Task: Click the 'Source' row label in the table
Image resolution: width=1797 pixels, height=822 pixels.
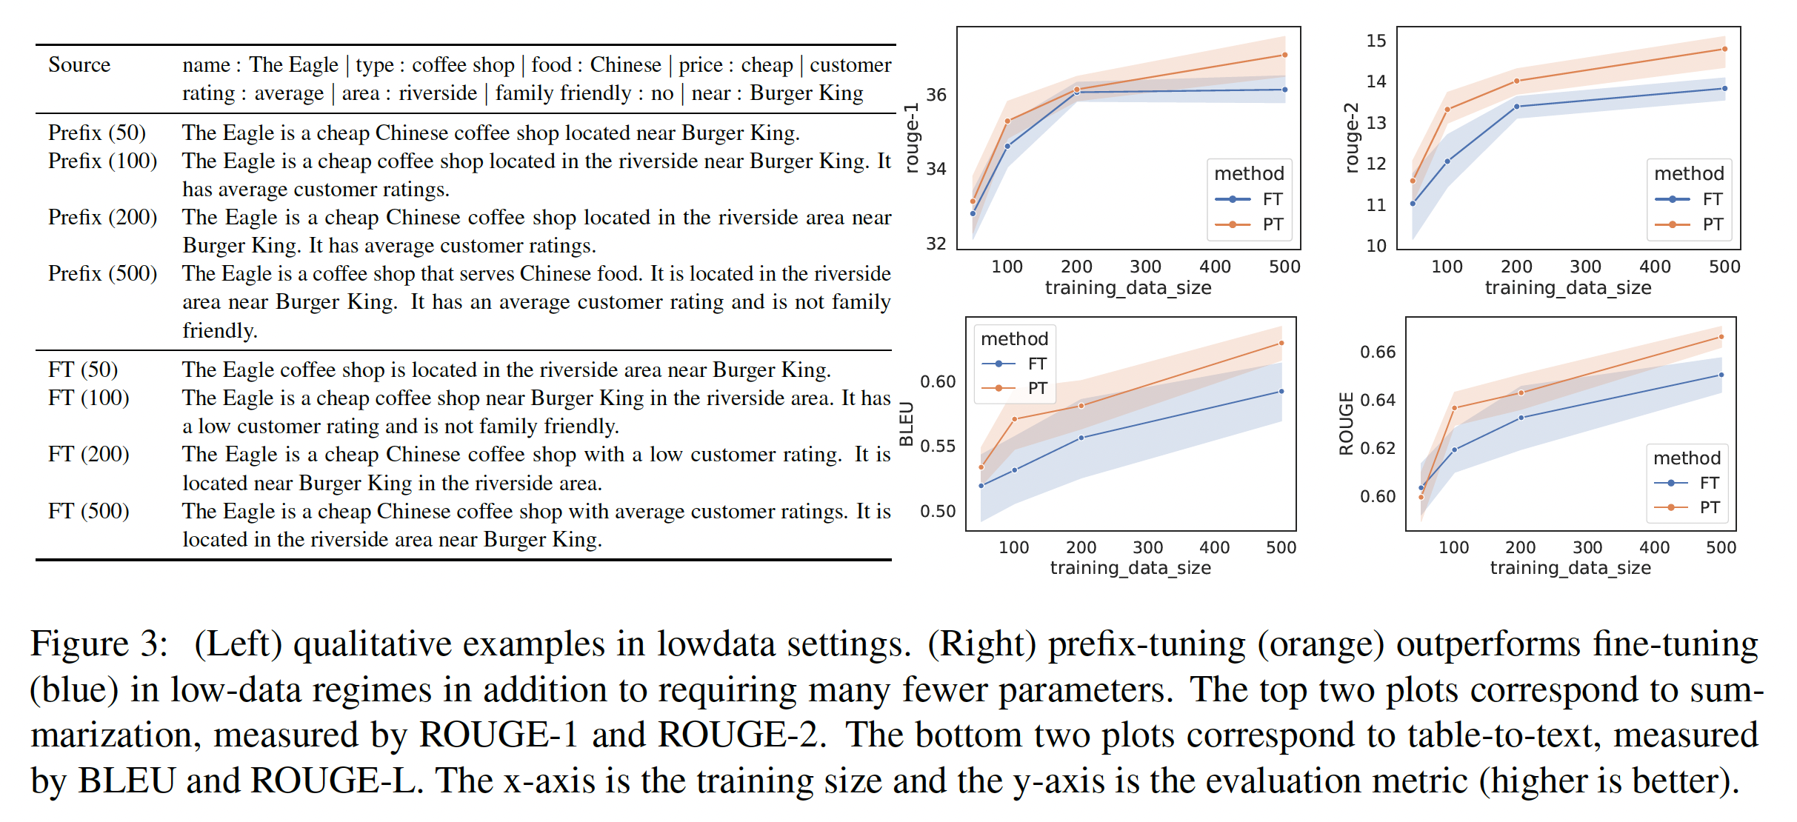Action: (x=79, y=65)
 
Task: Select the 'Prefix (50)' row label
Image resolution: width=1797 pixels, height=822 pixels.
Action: (x=97, y=133)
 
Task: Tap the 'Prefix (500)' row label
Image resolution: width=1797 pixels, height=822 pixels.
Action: (x=102, y=273)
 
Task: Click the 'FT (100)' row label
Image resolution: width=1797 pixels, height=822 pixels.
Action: (x=89, y=398)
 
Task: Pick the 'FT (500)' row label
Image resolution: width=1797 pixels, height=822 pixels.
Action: (x=89, y=511)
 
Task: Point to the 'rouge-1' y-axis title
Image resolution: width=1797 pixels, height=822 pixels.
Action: (x=912, y=138)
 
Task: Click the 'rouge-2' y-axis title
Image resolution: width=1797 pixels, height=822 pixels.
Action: (x=1352, y=138)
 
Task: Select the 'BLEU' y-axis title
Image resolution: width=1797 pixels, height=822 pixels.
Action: (x=906, y=424)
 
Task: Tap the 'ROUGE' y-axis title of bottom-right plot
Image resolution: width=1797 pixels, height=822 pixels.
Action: (x=1346, y=424)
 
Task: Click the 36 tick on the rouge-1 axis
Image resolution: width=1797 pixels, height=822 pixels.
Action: (x=936, y=95)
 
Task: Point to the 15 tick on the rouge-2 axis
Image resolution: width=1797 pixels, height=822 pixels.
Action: (x=1376, y=41)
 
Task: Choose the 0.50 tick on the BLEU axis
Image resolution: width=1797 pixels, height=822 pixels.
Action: (x=937, y=511)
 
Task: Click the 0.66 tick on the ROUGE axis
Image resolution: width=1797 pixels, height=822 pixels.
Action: (x=1377, y=352)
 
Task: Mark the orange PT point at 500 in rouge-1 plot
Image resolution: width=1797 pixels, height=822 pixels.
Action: (x=1284, y=55)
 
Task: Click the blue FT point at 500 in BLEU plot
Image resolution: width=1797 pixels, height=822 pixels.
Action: (x=1281, y=392)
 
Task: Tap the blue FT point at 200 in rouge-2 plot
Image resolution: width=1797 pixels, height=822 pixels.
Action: (x=1516, y=107)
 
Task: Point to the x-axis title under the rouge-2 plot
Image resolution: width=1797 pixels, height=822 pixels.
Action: (x=1568, y=287)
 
